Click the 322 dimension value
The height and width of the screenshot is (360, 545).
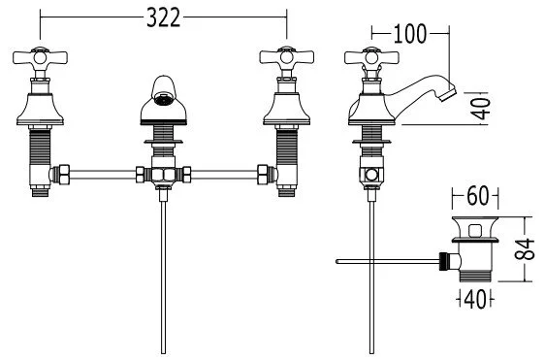(163, 17)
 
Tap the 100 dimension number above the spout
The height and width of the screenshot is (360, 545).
(410, 34)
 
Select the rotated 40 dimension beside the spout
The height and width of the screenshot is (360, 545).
(482, 109)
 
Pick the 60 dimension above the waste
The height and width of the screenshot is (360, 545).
(477, 196)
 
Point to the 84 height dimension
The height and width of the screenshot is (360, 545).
(524, 249)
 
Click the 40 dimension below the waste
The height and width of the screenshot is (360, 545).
(475, 299)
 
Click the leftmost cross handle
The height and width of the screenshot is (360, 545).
(40, 57)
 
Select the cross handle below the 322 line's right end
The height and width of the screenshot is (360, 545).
(287, 57)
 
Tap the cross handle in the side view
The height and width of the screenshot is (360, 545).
(371, 57)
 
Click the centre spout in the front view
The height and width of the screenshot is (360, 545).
(163, 101)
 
